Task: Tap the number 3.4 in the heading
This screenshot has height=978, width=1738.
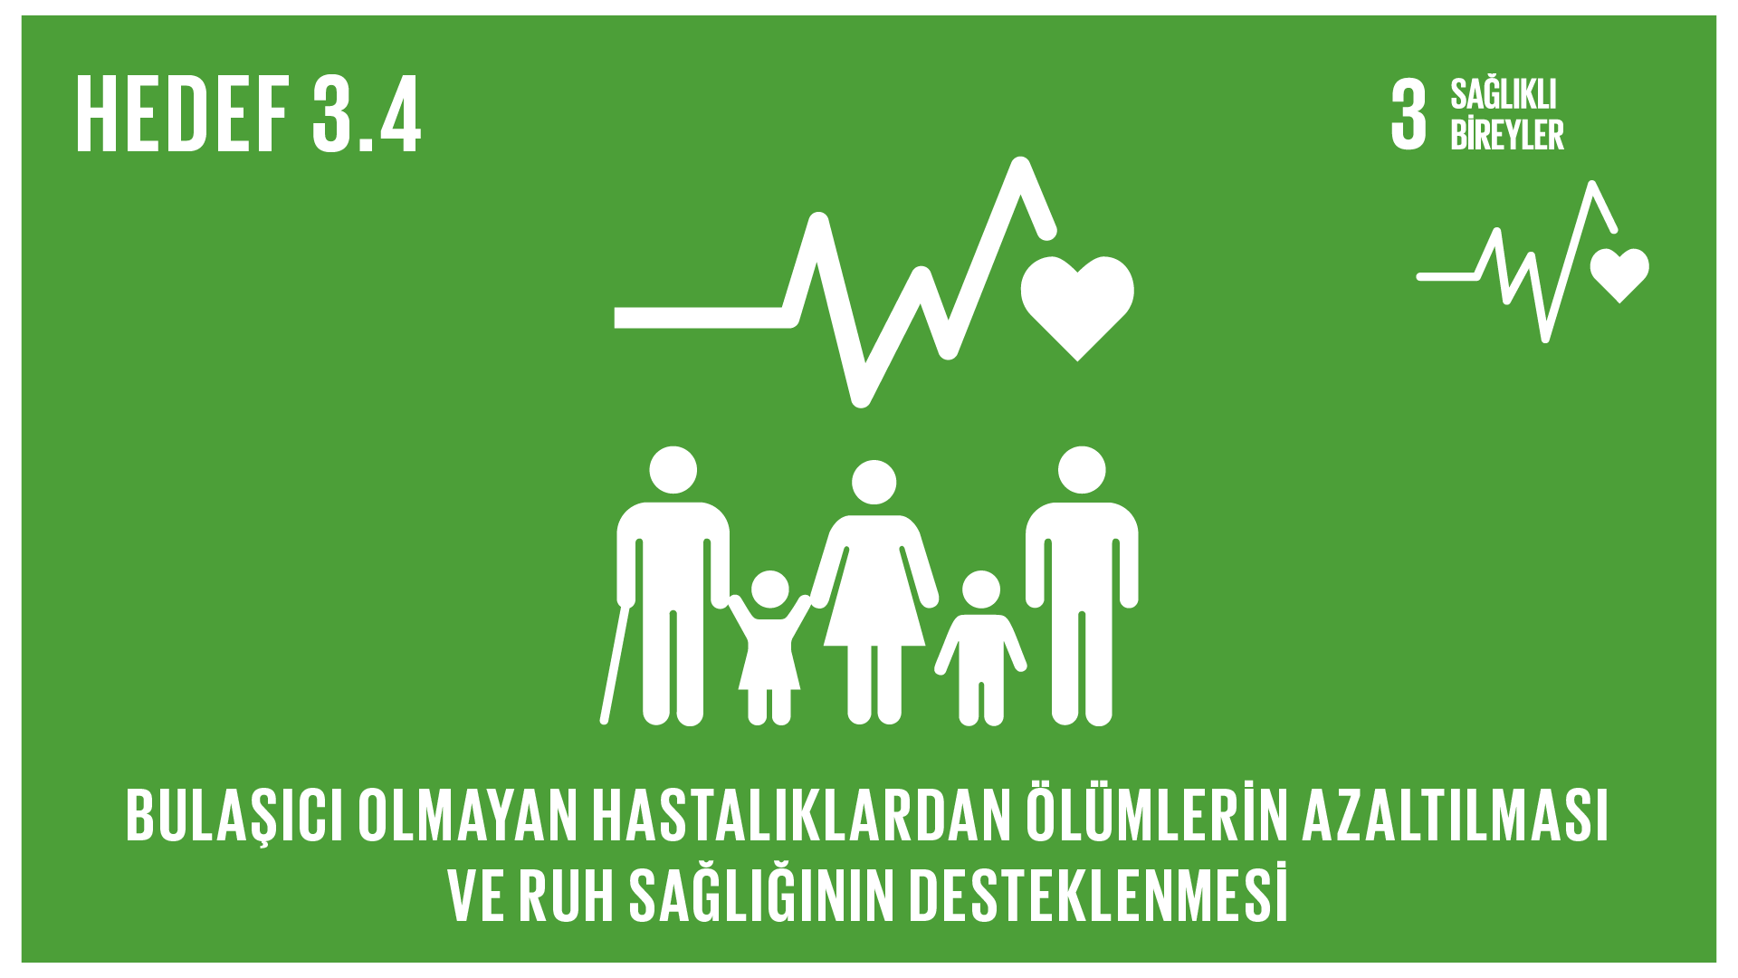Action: [x=367, y=115]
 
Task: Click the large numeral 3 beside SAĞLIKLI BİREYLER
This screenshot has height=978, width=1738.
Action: [x=1409, y=114]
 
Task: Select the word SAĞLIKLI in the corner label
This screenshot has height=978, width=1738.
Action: [x=1504, y=94]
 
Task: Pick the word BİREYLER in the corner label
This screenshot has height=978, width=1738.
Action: [x=1507, y=134]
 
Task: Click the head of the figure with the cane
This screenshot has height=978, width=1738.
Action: [x=673, y=470]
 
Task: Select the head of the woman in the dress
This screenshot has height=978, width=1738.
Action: [x=874, y=483]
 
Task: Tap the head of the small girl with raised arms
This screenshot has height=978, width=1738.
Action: [x=769, y=590]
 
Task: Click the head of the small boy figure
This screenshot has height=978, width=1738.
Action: [x=981, y=590]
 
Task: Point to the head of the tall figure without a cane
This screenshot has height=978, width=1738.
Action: [x=1082, y=470]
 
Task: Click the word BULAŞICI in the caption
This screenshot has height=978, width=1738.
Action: [x=234, y=816]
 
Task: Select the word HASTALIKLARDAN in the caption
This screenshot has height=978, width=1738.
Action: [x=801, y=816]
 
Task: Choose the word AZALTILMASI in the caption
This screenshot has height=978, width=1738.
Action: [x=1456, y=816]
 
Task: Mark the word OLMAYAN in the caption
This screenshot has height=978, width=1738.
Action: [x=467, y=816]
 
